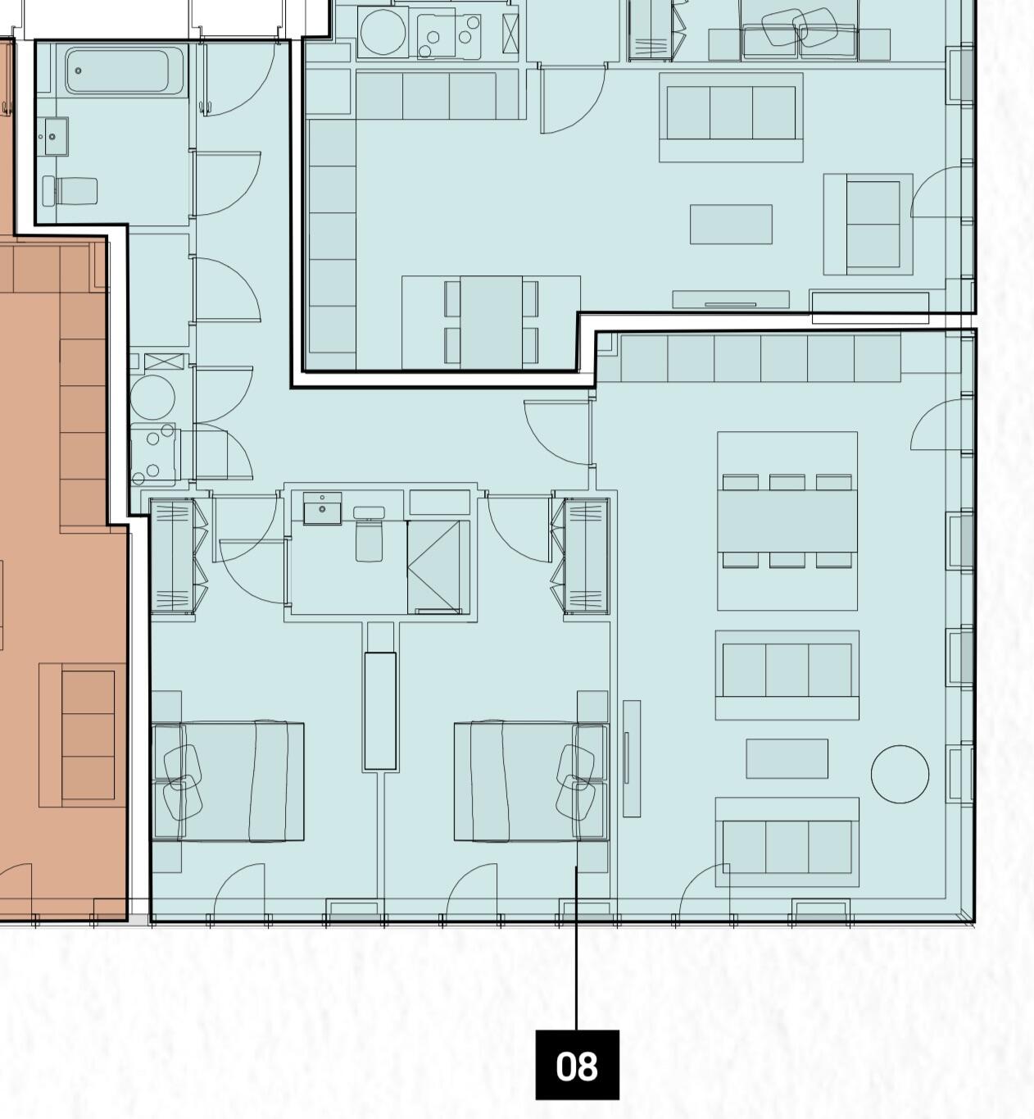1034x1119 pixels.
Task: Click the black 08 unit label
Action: click(577, 1065)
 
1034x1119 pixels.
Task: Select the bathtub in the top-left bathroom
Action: click(125, 71)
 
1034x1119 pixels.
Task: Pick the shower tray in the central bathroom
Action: click(438, 566)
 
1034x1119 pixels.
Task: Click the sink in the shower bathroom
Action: click(322, 508)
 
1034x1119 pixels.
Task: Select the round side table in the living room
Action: click(900, 774)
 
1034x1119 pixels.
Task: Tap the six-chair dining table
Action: click(787, 521)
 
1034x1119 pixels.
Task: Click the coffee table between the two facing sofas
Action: click(787, 758)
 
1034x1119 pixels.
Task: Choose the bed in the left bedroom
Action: click(229, 781)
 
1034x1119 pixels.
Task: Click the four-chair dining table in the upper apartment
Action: click(492, 321)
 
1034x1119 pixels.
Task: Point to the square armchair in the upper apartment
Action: click(868, 225)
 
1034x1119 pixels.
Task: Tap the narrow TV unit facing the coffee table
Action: click(631, 758)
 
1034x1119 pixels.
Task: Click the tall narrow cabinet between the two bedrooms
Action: click(380, 710)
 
